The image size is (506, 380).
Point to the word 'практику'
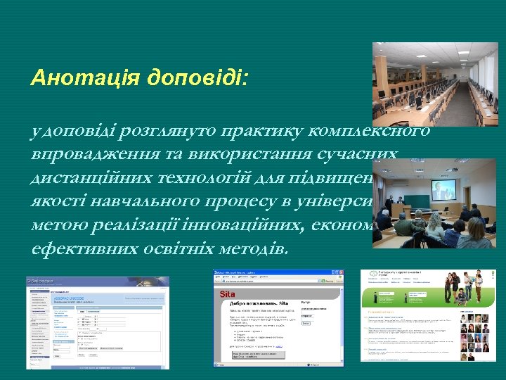259,131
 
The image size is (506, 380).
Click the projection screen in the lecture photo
443,189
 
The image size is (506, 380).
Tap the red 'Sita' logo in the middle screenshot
226,294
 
